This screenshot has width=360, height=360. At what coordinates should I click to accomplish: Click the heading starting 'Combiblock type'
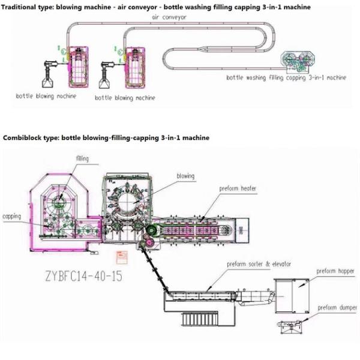[x=106, y=138]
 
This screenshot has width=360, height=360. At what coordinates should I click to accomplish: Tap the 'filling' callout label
[x=83, y=158]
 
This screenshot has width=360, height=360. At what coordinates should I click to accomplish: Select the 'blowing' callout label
[x=185, y=176]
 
